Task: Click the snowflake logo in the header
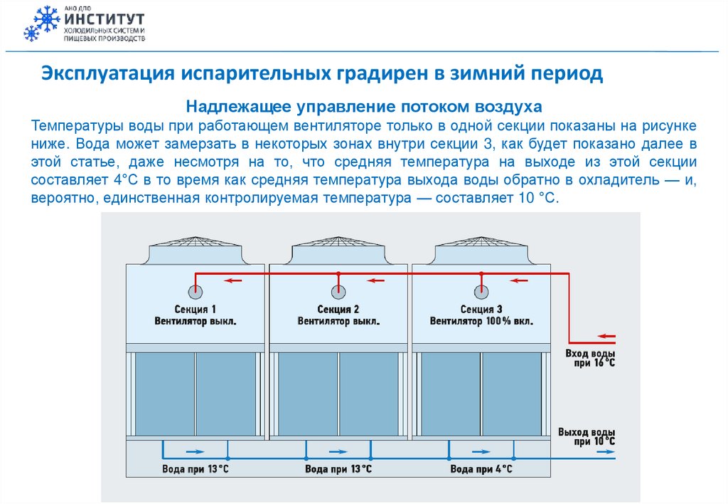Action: pos(41,23)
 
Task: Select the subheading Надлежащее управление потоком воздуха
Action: pos(364,107)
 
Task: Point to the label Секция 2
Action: pos(338,309)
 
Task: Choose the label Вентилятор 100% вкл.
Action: pos(481,321)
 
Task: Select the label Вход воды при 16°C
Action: pos(589,357)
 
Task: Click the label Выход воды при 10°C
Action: pos(587,436)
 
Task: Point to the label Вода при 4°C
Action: pos(481,470)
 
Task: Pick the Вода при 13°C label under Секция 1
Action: pos(195,470)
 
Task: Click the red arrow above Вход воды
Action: pos(606,336)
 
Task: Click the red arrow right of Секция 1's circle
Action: pos(232,280)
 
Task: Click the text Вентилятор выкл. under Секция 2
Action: pos(338,321)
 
